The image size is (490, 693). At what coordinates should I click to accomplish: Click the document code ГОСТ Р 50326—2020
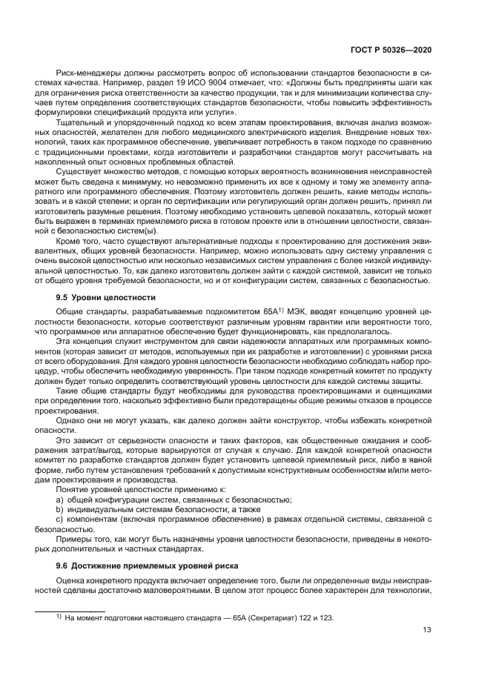click(x=392, y=48)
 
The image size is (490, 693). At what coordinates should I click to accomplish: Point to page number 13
click(x=427, y=630)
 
